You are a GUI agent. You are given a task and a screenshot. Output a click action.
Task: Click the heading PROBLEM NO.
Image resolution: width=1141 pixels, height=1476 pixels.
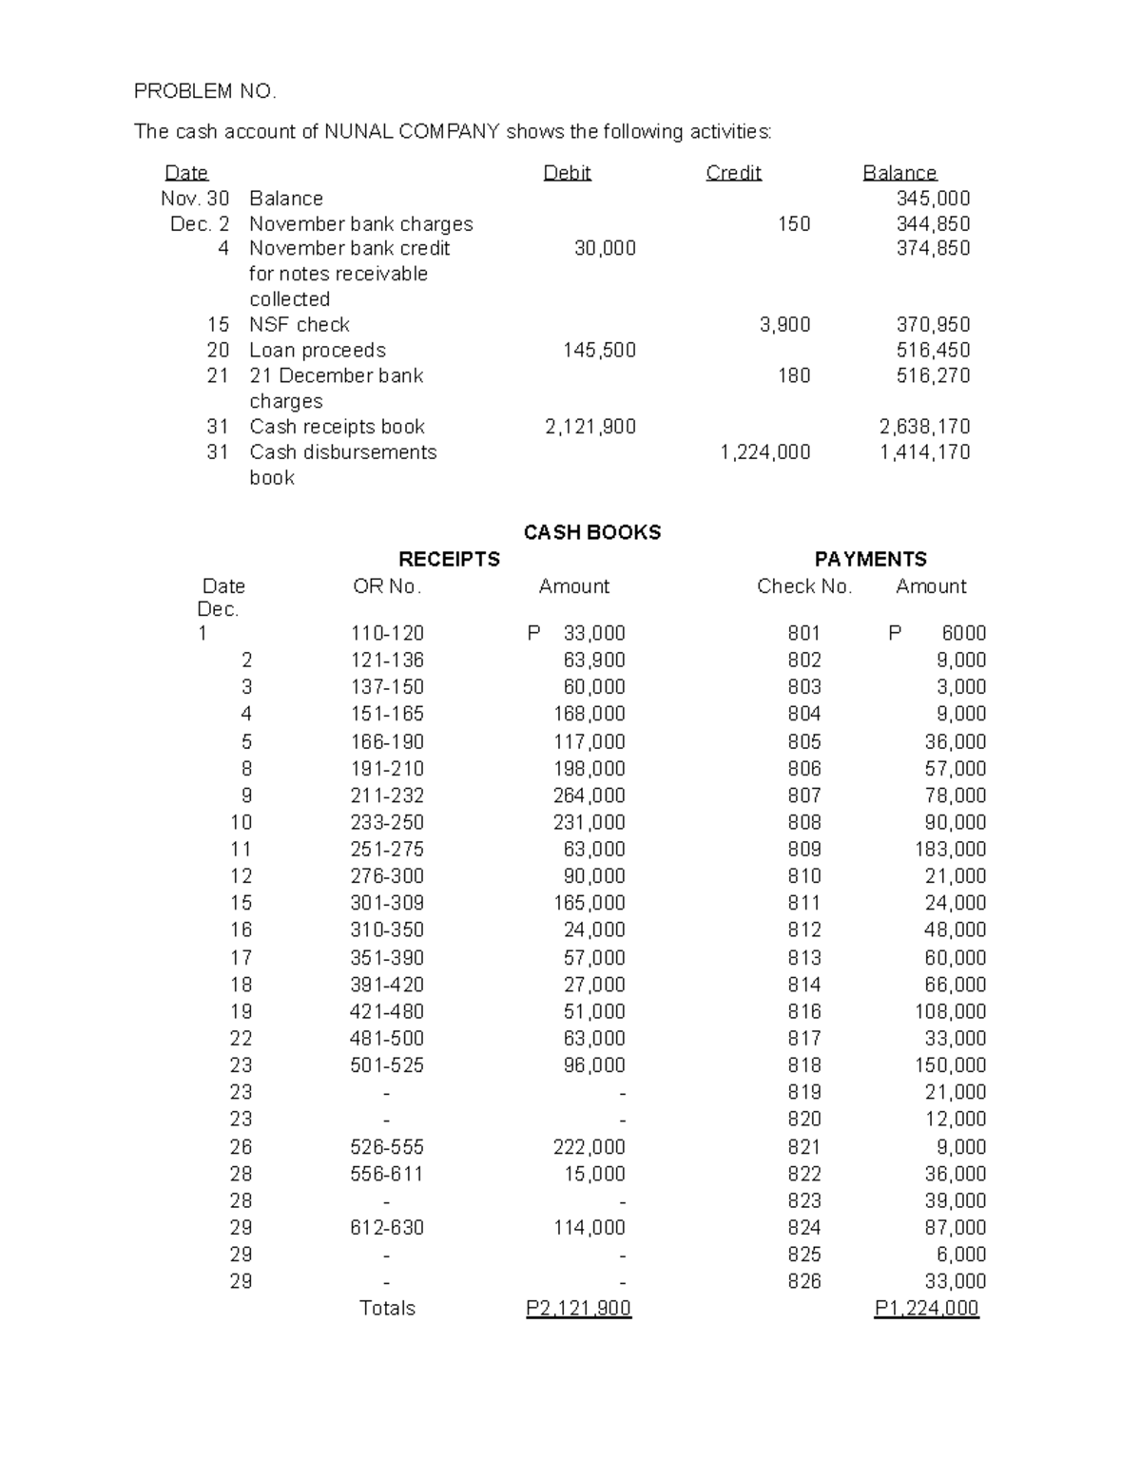tap(204, 91)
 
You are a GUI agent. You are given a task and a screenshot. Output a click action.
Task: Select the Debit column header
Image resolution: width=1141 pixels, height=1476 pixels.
tap(567, 173)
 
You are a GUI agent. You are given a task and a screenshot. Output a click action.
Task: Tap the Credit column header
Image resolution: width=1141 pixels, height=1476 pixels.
tap(733, 173)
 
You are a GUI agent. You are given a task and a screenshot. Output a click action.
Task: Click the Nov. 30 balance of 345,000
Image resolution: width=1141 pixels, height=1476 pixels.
tap(933, 199)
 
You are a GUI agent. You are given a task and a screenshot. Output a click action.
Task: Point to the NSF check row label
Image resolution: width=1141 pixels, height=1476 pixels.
tap(299, 325)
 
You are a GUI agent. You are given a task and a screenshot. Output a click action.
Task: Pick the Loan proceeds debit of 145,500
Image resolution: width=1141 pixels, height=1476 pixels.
tap(599, 351)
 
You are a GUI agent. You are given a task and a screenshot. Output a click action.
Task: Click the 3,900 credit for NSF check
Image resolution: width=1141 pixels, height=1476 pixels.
tap(784, 325)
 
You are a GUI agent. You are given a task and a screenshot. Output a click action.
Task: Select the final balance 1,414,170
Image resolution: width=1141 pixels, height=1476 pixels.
tap(924, 452)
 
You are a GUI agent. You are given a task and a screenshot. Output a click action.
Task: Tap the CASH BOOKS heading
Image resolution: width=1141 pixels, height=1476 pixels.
tap(591, 532)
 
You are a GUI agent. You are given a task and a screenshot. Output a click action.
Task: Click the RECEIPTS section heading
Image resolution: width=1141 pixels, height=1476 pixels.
tap(449, 559)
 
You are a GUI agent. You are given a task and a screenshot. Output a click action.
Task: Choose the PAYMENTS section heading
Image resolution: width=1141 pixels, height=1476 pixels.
tap(870, 559)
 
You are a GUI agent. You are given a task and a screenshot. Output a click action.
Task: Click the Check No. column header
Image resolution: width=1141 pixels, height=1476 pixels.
tap(804, 586)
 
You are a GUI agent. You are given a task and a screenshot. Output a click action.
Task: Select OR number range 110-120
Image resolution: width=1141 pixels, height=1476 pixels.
tap(387, 633)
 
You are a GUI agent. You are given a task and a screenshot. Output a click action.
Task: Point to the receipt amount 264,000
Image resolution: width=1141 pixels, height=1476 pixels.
tap(589, 796)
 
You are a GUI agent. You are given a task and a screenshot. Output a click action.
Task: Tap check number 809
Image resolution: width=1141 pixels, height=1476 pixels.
tap(803, 849)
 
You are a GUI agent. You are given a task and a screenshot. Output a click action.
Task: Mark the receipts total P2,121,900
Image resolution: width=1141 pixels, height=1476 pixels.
tap(578, 1309)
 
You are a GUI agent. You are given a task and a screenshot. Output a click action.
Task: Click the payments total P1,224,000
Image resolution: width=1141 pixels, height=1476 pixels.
tap(926, 1309)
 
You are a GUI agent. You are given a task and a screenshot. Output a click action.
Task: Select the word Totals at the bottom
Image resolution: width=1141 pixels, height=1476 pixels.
tap(387, 1309)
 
